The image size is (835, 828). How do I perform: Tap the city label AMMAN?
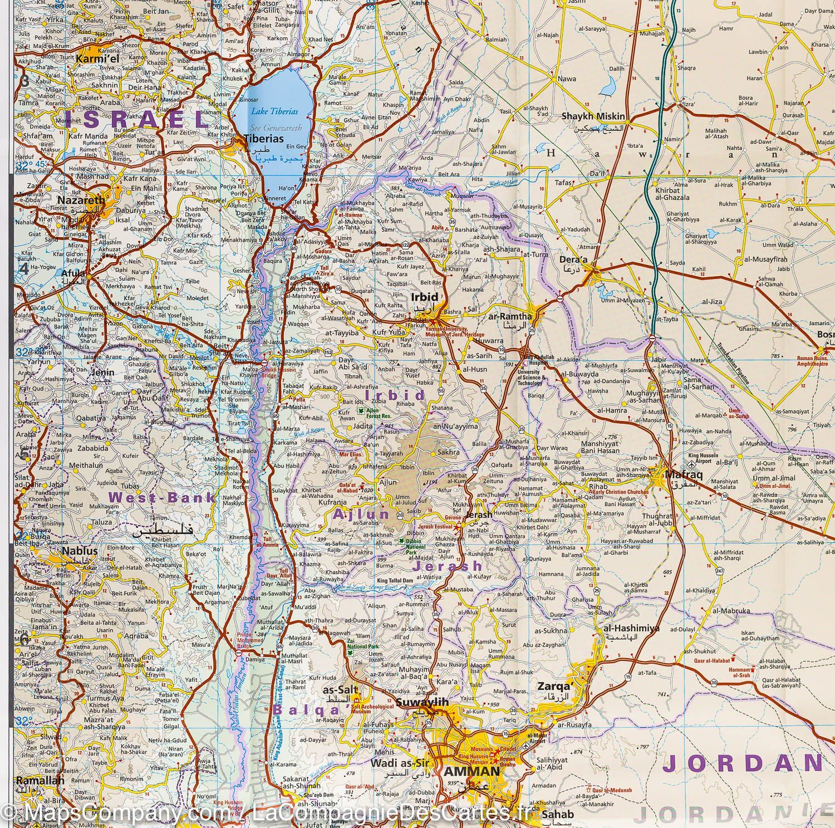click(x=471, y=772)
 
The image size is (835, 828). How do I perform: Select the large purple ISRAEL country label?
click(x=133, y=119)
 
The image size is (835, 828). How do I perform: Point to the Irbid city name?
click(x=424, y=297)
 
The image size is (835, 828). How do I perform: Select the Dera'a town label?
click(x=574, y=259)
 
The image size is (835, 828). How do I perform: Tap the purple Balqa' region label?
click(x=306, y=710)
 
